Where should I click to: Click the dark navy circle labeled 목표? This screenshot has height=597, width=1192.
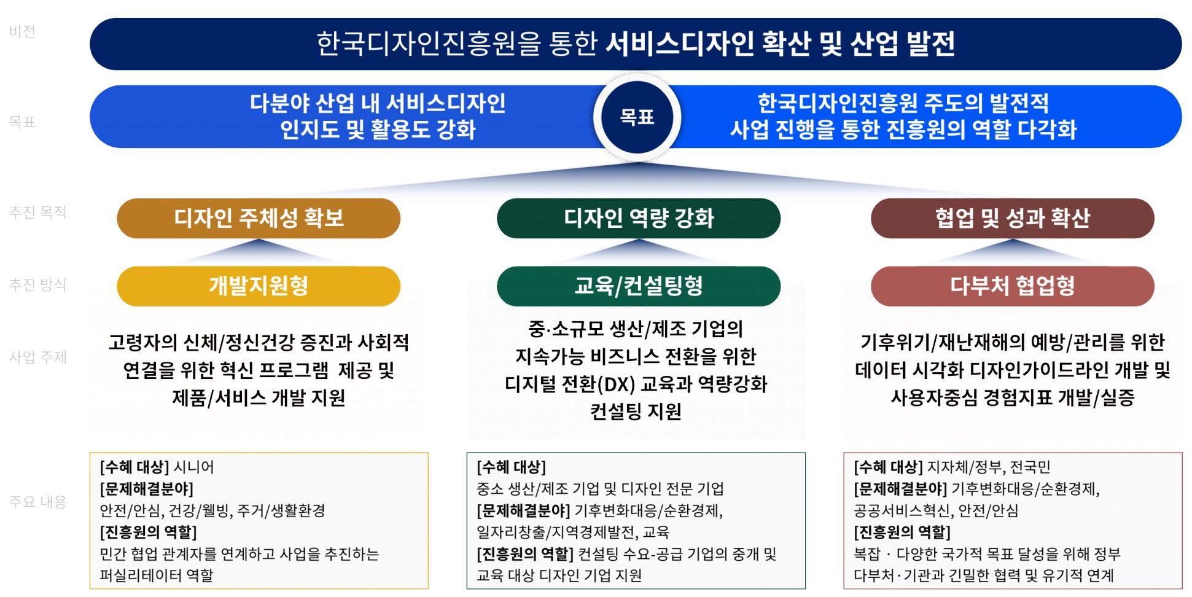point(637,117)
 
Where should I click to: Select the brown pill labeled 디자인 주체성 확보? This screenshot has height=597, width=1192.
point(259,218)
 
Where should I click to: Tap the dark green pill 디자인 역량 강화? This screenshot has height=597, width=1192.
point(639,218)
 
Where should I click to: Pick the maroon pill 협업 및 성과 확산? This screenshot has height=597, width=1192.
point(1013,218)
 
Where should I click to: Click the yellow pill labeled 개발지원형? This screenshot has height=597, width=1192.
point(259,286)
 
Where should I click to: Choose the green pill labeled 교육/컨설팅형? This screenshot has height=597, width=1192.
point(639,286)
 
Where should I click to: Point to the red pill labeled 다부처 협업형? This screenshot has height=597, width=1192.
point(1013,286)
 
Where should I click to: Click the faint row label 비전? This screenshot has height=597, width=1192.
point(22,31)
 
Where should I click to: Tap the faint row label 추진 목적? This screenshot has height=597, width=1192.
point(37,213)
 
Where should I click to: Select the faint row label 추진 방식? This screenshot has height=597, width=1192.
point(37,284)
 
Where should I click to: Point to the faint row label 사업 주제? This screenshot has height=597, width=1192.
point(37,357)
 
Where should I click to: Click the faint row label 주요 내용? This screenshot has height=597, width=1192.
point(37,502)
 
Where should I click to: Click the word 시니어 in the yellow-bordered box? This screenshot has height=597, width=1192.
point(194,467)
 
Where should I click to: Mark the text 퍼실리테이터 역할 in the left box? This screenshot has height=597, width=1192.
point(157,576)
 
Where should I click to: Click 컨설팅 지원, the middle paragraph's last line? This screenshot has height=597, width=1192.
point(636,412)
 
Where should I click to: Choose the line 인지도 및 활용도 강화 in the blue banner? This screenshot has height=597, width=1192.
point(378,130)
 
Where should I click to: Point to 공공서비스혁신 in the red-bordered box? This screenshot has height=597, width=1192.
point(902,510)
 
